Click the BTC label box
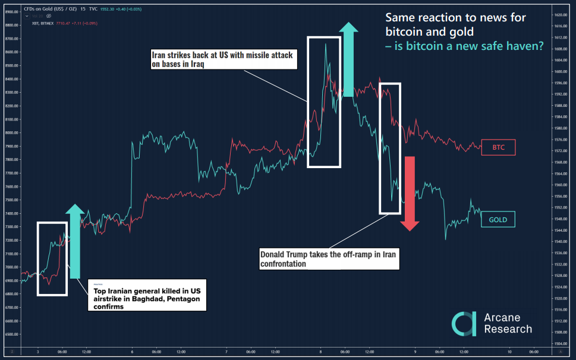[498, 147]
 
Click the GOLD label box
[498, 220]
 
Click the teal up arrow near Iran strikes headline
[348, 59]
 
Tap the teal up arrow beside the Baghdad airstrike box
[75, 241]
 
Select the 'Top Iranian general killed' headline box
[147, 295]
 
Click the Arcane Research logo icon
[464, 324]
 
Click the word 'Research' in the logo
[508, 329]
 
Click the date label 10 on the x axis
[509, 352]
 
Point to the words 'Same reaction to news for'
[455, 18]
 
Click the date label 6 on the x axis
[132, 352]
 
